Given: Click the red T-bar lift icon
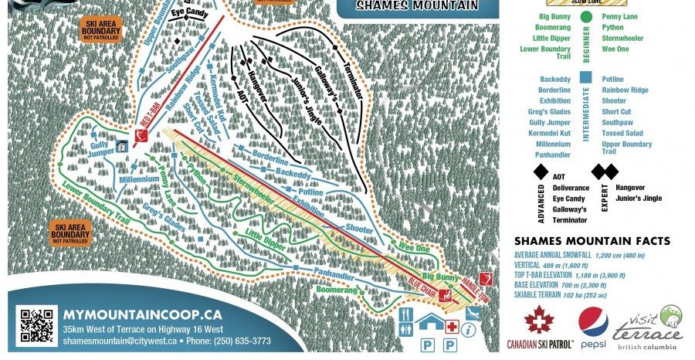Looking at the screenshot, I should (141, 137).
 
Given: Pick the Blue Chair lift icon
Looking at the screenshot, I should (445, 294).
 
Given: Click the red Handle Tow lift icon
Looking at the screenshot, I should (486, 278).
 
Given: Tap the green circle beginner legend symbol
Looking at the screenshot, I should (587, 15).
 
